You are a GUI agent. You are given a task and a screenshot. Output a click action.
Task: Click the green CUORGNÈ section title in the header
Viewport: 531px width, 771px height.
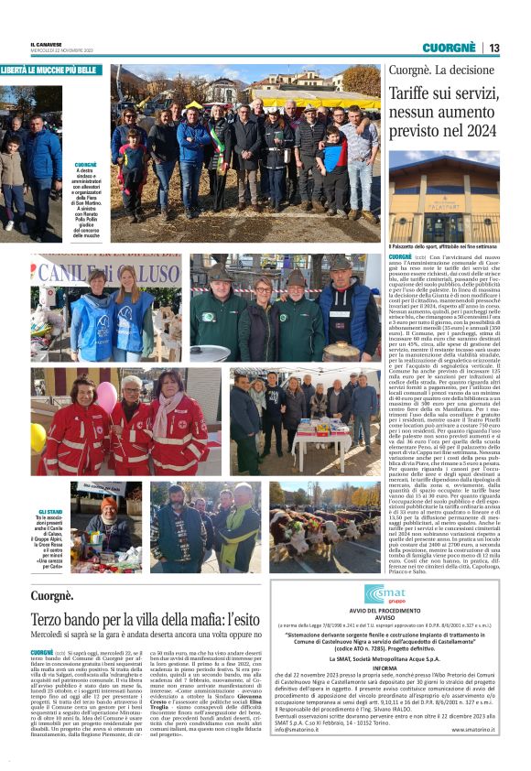coord(449,48)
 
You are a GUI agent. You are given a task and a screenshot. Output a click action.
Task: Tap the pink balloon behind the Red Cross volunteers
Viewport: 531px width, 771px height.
coord(106,397)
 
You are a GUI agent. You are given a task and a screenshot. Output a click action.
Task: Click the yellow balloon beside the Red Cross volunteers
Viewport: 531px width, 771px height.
coord(38,436)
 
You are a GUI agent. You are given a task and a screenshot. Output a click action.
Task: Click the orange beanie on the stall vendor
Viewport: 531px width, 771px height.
coord(109,505)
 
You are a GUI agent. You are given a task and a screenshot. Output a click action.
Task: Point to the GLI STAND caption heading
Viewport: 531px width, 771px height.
coord(49,512)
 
